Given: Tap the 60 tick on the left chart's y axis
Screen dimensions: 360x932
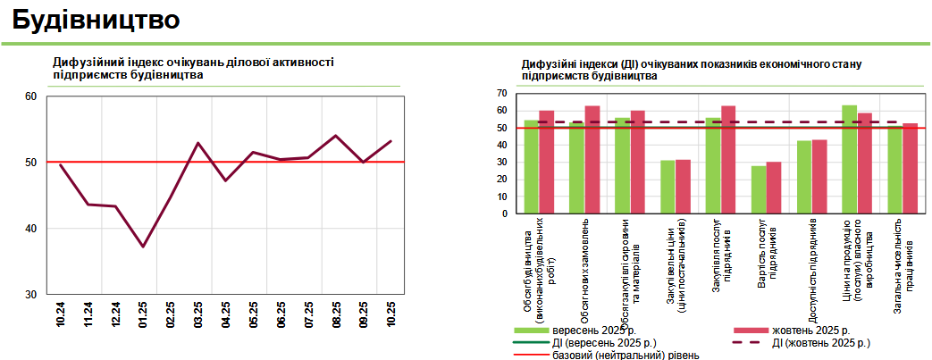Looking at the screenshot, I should [x=30, y=96].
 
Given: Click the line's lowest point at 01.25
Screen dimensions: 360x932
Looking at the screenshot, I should [x=143, y=247].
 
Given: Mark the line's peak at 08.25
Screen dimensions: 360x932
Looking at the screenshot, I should [x=335, y=136].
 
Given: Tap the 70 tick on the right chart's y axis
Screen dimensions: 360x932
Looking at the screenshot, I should [x=502, y=93].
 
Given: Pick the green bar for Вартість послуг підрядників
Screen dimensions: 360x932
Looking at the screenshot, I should [x=759, y=189].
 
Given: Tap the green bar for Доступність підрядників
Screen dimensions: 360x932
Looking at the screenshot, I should [x=804, y=177].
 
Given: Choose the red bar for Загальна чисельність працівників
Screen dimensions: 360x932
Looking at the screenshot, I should [x=911, y=169].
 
